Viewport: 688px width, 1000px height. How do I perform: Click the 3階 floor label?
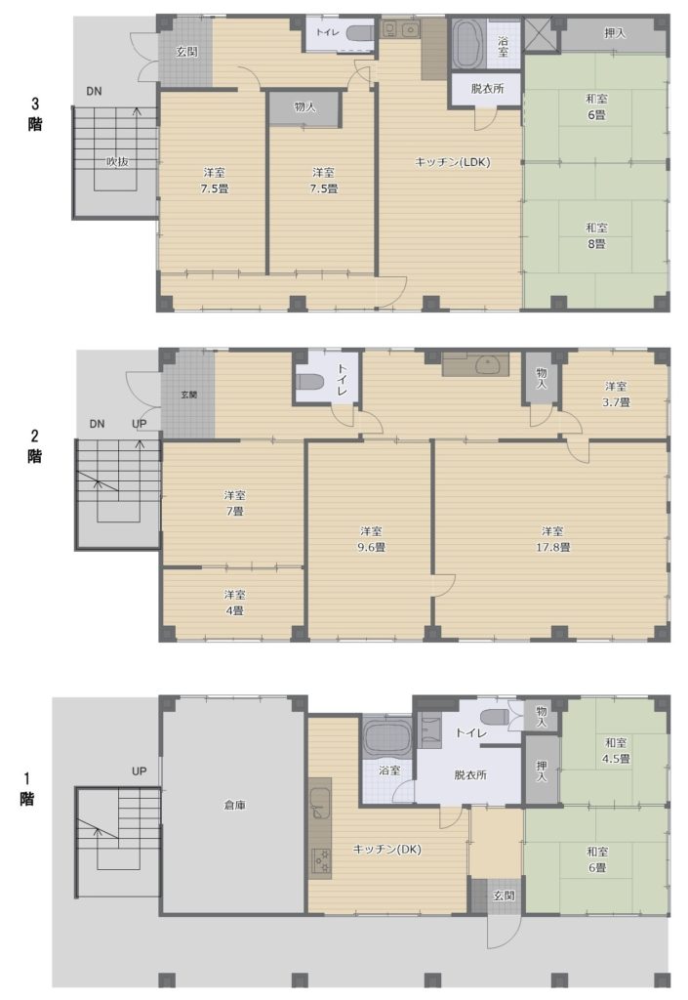pyautogui.click(x=35, y=113)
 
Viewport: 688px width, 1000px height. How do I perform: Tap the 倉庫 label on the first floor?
pyautogui.click(x=234, y=806)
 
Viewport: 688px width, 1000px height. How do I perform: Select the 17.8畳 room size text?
pyautogui.click(x=552, y=547)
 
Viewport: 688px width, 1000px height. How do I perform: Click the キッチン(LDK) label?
pyautogui.click(x=452, y=163)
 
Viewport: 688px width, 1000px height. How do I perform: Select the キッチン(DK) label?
pyautogui.click(x=386, y=850)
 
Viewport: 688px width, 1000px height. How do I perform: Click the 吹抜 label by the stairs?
pyautogui.click(x=117, y=162)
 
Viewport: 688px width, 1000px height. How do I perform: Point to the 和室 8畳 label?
pyautogui.click(x=596, y=236)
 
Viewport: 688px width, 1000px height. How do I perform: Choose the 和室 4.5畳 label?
pyautogui.click(x=616, y=751)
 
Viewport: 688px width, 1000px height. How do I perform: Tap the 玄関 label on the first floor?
pyautogui.click(x=504, y=896)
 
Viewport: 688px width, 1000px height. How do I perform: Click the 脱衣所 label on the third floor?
pyautogui.click(x=487, y=89)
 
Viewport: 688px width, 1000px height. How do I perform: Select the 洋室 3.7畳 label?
pyautogui.click(x=616, y=395)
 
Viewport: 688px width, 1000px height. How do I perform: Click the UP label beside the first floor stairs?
pyautogui.click(x=139, y=771)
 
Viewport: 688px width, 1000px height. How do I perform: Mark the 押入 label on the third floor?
pyautogui.click(x=615, y=33)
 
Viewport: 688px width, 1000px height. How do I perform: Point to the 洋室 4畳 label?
pyautogui.click(x=234, y=603)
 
